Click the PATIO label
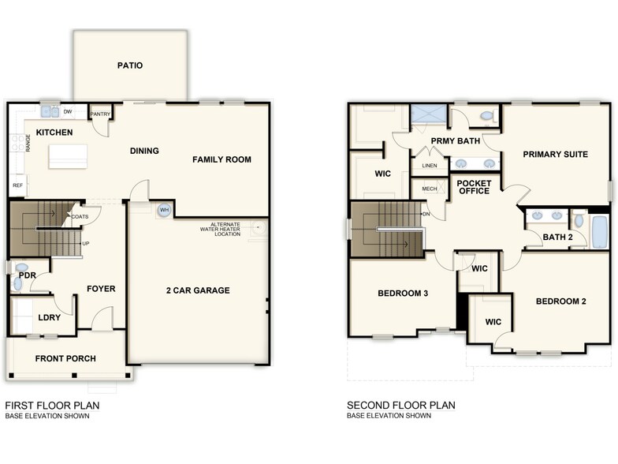pos(130,65)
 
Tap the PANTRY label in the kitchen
pos(100,114)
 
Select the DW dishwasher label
pos(68,112)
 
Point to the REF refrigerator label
pos(17,185)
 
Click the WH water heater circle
pos(164,210)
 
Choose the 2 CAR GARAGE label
pos(198,290)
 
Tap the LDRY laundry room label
pos(49,318)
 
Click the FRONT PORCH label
pos(65,359)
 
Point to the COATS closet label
pos(80,217)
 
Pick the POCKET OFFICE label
pos(474,187)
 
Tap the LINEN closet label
pos(430,166)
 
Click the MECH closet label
pos(430,189)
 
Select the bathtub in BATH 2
pos(598,228)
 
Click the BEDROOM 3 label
pos(403,294)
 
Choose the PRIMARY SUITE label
pos(556,155)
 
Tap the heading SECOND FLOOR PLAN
pos(401,406)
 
